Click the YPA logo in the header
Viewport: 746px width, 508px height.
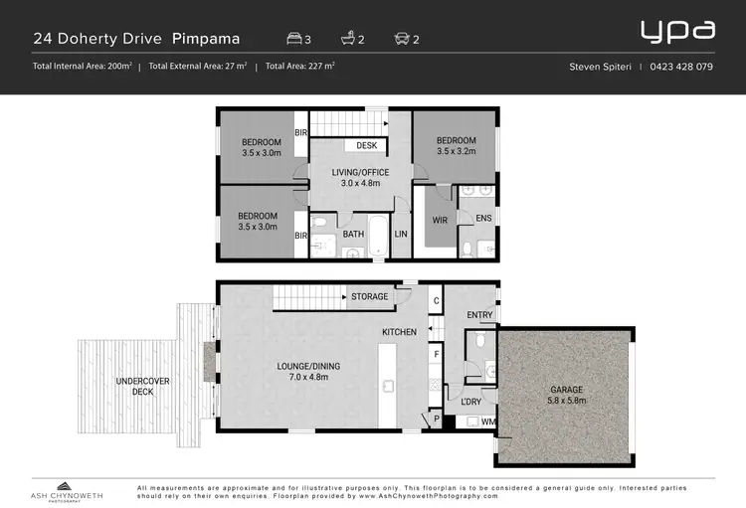(x=677, y=32)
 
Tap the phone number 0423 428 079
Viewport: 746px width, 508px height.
(x=681, y=67)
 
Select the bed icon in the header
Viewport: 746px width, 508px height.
(x=294, y=38)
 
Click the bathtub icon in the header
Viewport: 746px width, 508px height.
(x=348, y=38)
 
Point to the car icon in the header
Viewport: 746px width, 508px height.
(x=402, y=38)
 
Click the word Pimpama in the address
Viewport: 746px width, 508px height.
(x=206, y=39)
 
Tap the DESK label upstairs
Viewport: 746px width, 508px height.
(x=367, y=145)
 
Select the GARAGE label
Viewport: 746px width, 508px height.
(x=567, y=390)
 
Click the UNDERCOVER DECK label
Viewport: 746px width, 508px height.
(x=142, y=387)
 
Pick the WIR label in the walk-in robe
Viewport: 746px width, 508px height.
(x=440, y=221)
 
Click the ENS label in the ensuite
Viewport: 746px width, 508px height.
(x=483, y=218)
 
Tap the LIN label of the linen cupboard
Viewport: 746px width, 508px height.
(x=401, y=234)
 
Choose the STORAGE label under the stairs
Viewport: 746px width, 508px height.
(x=370, y=297)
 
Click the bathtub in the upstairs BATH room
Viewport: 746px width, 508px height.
(x=379, y=236)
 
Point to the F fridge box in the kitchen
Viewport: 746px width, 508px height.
(x=436, y=354)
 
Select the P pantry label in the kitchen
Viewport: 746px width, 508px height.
(x=437, y=420)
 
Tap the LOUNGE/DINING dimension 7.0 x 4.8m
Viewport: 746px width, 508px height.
(x=308, y=377)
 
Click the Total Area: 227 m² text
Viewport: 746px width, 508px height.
(x=300, y=67)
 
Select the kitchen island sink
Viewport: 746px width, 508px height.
(x=388, y=387)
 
